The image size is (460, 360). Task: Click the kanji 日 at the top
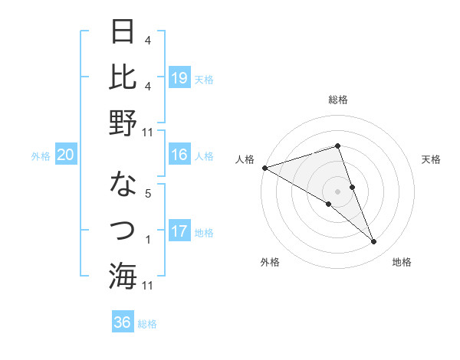[123, 32]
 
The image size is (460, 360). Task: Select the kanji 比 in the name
[123, 77]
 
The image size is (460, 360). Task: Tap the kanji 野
[123, 122]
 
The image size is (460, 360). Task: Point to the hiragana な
[123, 185]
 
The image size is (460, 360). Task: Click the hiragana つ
[123, 229]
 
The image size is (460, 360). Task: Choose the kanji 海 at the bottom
[123, 274]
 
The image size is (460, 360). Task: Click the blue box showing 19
[179, 77]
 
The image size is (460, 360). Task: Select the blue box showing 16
[179, 155]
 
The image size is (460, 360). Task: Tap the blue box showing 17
[179, 231]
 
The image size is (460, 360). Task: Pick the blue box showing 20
[66, 155]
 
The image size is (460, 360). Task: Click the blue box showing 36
[123, 322]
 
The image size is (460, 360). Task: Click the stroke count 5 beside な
[148, 194]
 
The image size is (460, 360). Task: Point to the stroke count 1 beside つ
[148, 240]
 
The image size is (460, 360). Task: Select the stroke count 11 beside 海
[148, 285]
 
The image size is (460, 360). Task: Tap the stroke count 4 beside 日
[148, 40]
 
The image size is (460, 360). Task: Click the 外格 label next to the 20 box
[41, 156]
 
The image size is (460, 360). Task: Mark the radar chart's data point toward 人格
[264, 167]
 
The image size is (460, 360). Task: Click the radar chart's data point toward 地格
[374, 242]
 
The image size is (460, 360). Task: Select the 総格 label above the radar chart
[337, 100]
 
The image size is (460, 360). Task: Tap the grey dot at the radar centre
[337, 191]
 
